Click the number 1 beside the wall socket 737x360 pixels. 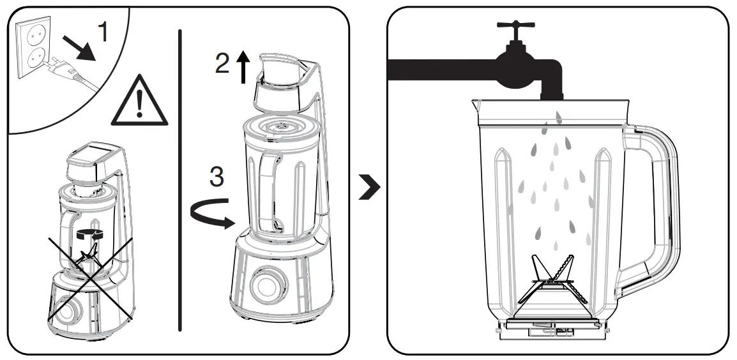click(102, 33)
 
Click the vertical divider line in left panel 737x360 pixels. click(181, 179)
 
